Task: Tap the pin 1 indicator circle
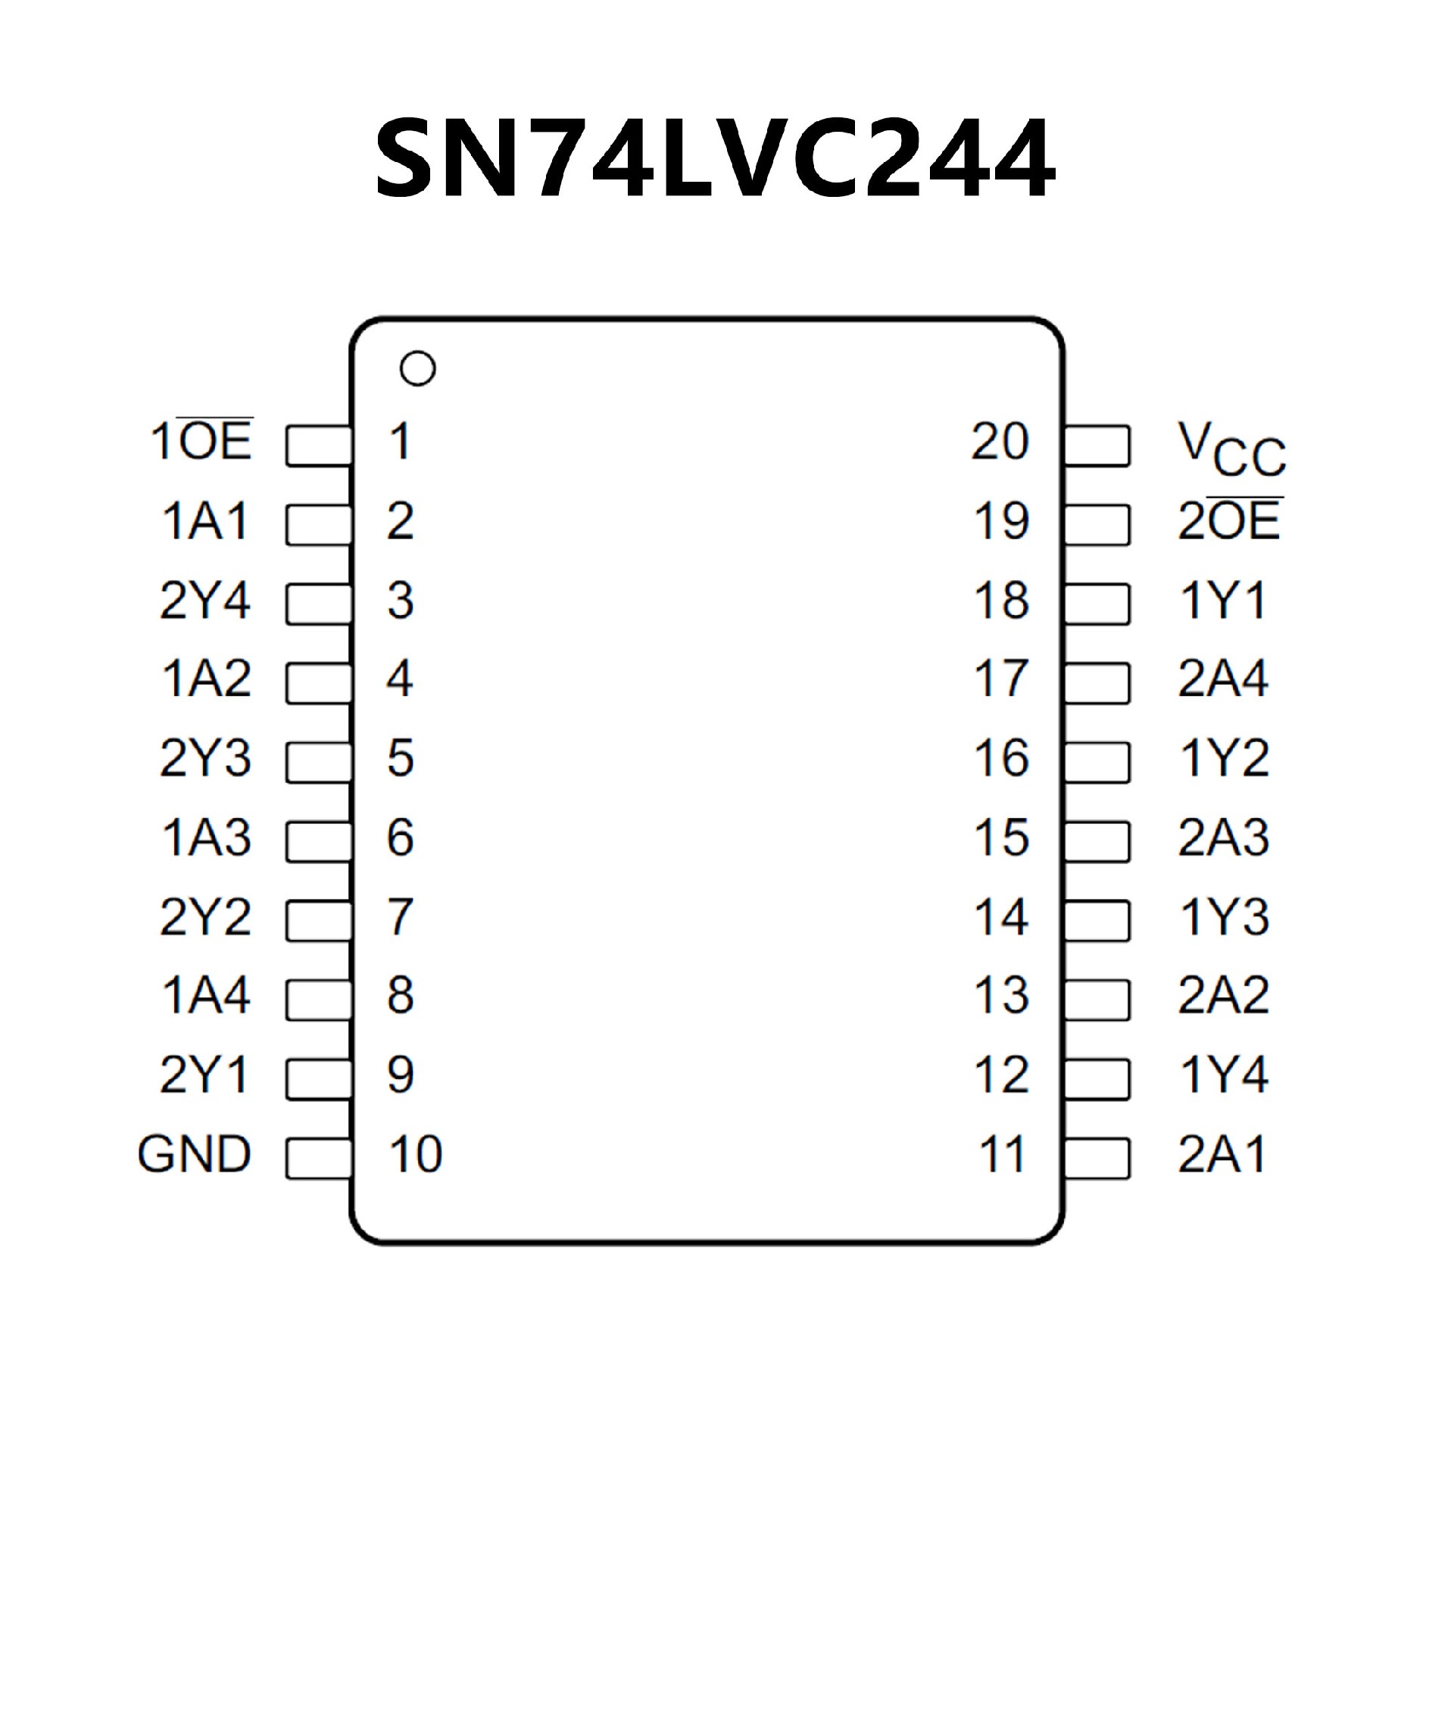tap(417, 369)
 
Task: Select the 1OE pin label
tap(201, 442)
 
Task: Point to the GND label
tap(194, 1154)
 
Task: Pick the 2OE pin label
tap(1229, 520)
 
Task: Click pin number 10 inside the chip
tap(416, 1154)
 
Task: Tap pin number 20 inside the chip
tap(1000, 442)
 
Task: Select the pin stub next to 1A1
tap(319, 525)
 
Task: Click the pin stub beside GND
tap(319, 1159)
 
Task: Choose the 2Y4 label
tap(205, 601)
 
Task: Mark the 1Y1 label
tap(1224, 601)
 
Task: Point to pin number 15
tap(1001, 838)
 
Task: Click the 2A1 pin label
tap(1223, 1154)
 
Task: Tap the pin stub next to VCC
tap(1097, 446)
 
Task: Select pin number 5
tap(401, 758)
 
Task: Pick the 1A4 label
tap(207, 996)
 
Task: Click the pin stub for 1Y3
tap(1097, 920)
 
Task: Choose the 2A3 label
tap(1224, 838)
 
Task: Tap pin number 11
tap(1002, 1154)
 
